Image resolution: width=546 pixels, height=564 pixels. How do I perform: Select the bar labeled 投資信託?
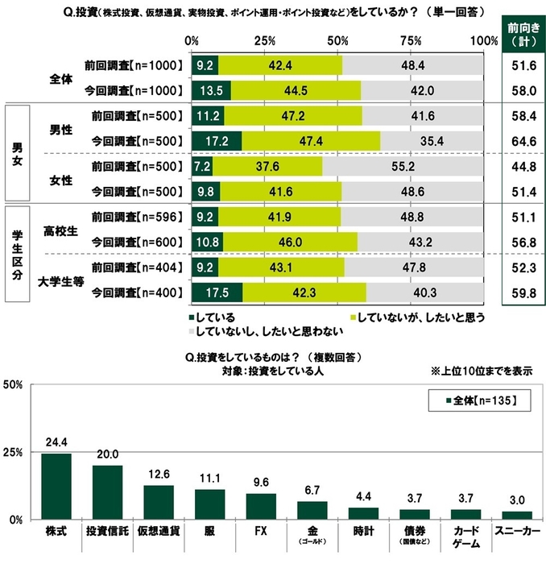[x=107, y=492]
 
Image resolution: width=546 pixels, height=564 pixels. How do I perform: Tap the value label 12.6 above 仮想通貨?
[x=158, y=475]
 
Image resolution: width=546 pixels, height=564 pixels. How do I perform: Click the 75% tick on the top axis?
[x=412, y=40]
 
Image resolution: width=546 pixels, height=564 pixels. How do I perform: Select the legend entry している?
[x=213, y=317]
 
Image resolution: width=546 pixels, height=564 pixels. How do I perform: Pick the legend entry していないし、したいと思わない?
[x=266, y=331]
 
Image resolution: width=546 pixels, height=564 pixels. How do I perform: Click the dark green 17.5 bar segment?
[x=217, y=293]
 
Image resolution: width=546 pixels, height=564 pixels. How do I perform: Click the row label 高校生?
[x=64, y=229]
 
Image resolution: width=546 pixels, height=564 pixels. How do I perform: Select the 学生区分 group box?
[x=16, y=255]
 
